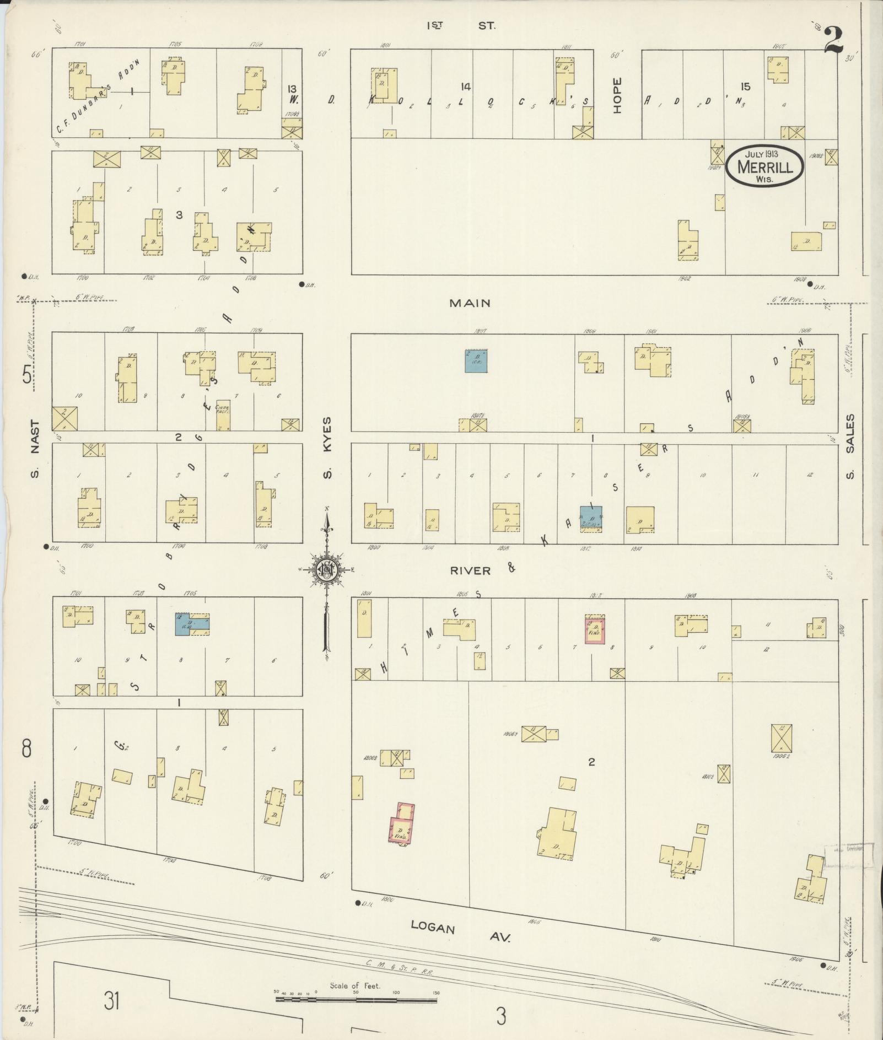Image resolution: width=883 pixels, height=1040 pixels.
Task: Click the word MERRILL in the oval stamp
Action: [x=765, y=166]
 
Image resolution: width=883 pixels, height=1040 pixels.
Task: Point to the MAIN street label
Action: [x=470, y=303]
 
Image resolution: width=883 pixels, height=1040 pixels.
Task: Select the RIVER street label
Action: [x=470, y=570]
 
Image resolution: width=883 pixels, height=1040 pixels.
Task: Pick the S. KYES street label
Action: [x=327, y=448]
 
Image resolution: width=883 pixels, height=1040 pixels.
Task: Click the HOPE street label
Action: [x=616, y=95]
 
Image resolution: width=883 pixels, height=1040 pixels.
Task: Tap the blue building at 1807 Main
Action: [x=476, y=361]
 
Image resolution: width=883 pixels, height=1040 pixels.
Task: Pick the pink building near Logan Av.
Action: [x=402, y=829]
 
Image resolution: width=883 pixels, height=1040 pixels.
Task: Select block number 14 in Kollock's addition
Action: [x=466, y=86]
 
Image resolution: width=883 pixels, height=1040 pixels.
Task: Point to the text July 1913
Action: [x=763, y=154]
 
